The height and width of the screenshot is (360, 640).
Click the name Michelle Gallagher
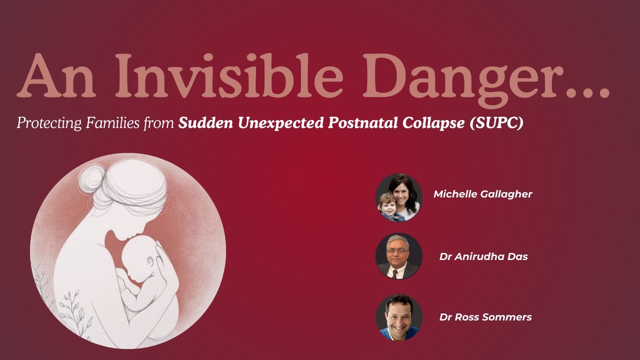tap(482, 194)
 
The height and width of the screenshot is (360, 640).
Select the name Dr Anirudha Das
tap(483, 256)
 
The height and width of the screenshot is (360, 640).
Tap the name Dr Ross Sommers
tap(485, 317)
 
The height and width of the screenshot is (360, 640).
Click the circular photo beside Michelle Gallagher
tap(399, 197)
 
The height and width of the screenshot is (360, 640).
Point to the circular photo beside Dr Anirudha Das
tap(399, 256)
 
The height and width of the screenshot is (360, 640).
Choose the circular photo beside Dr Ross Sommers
tap(399, 317)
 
